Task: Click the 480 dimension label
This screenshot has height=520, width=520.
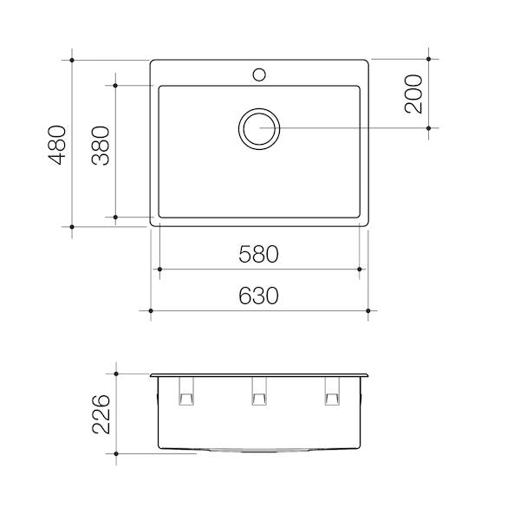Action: [x=56, y=143]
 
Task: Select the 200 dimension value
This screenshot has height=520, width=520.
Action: [x=413, y=94]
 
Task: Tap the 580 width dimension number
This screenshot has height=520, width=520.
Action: [x=258, y=255]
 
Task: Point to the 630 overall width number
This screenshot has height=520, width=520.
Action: [x=258, y=296]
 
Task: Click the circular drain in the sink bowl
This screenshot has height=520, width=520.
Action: [x=259, y=128]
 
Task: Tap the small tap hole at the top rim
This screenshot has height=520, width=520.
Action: [x=258, y=74]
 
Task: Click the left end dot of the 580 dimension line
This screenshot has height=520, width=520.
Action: [x=158, y=270]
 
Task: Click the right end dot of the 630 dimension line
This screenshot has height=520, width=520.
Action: [x=369, y=309]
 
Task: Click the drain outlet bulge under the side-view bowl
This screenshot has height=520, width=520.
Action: [x=258, y=452]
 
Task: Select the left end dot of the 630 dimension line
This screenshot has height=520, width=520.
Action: [x=151, y=309]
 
